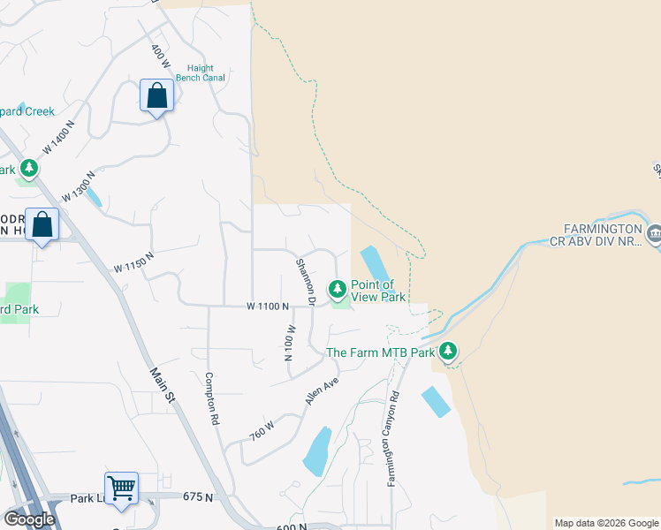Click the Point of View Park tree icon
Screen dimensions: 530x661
(337, 289)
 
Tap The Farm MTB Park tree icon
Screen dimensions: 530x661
(449, 352)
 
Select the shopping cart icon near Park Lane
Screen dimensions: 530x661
(121, 487)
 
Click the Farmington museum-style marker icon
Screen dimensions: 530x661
(655, 234)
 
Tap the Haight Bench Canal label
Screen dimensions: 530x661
(206, 72)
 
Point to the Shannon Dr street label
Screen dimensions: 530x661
(306, 281)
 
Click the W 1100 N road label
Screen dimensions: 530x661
(268, 307)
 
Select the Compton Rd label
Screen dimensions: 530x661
(212, 397)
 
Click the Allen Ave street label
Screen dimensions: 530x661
(323, 390)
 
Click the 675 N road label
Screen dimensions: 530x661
(198, 497)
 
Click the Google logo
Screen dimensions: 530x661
(28, 519)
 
